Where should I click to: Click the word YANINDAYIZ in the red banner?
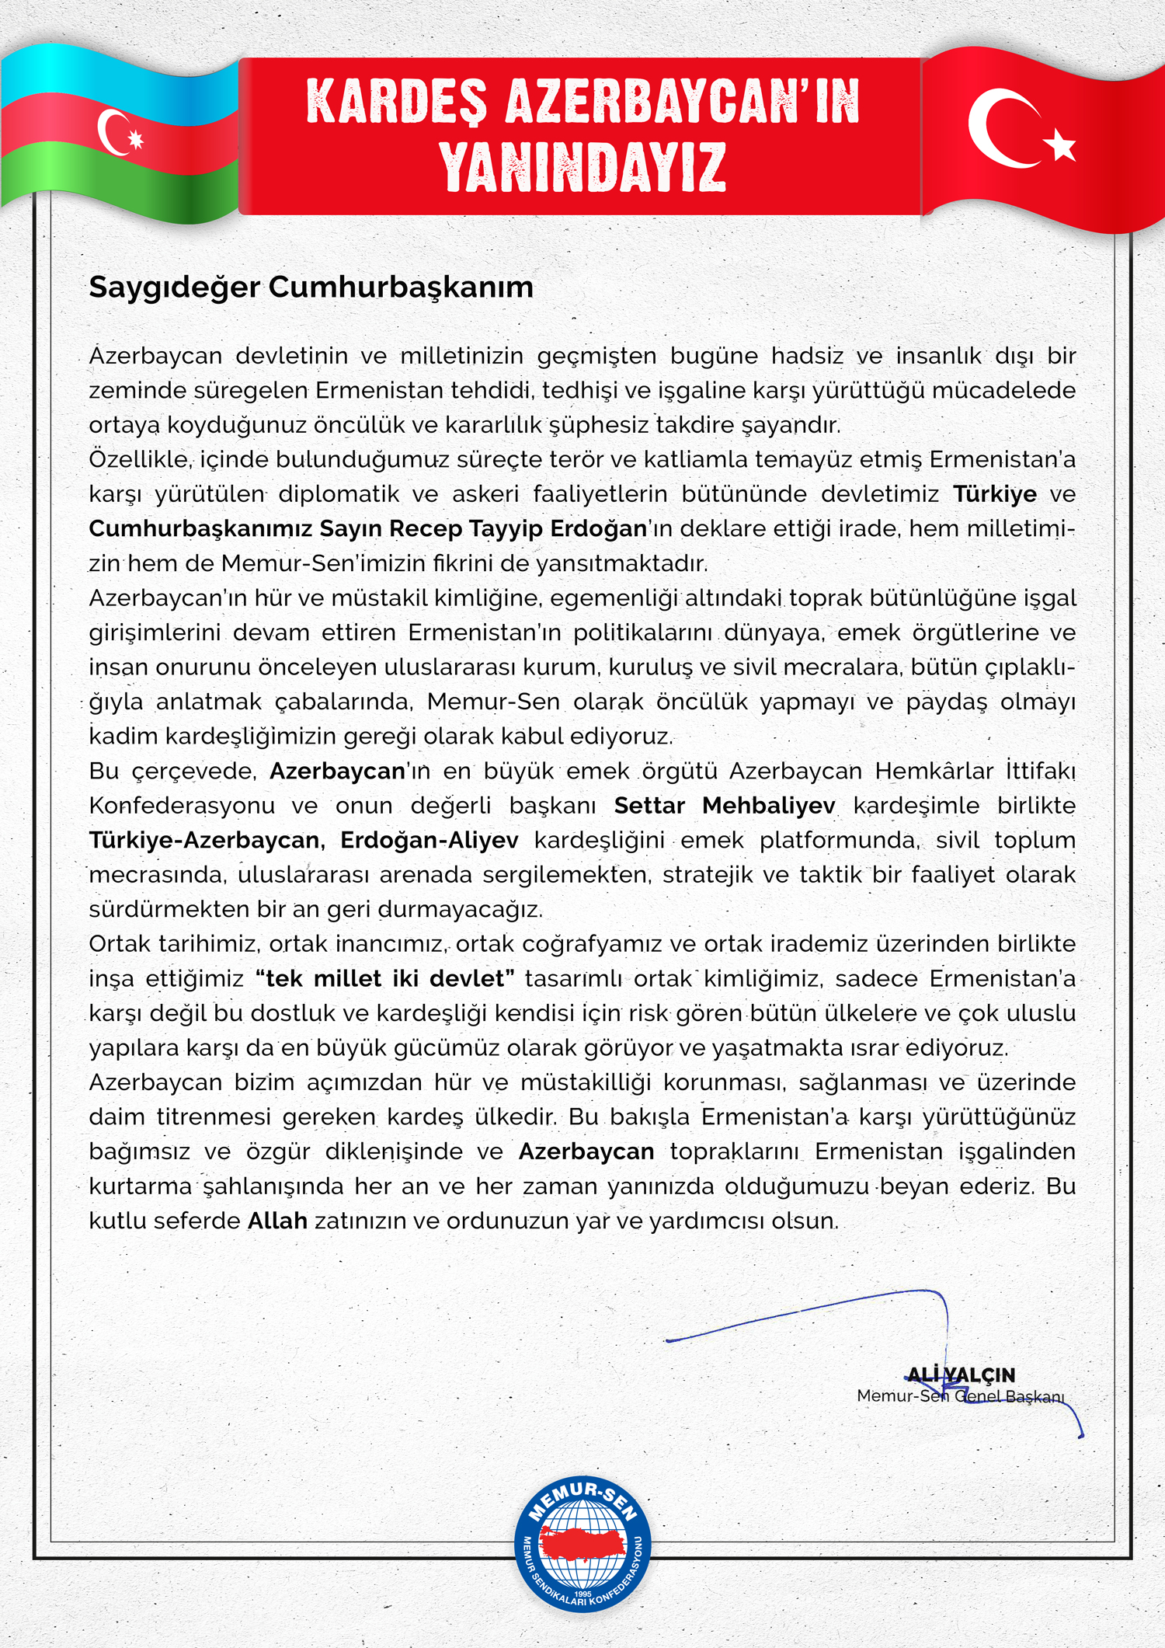582,167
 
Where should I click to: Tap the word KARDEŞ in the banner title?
397,102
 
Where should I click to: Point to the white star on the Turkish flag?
1060,145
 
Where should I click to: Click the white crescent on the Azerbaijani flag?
111,131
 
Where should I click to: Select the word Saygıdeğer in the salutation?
174,287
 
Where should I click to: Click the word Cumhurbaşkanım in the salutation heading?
401,287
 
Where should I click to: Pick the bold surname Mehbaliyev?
768,806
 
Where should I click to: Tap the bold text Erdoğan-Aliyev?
429,840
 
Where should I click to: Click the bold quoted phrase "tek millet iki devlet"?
385,978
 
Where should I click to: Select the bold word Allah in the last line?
277,1221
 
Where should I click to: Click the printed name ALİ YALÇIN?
961,1374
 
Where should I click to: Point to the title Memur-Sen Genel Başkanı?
960,1396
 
